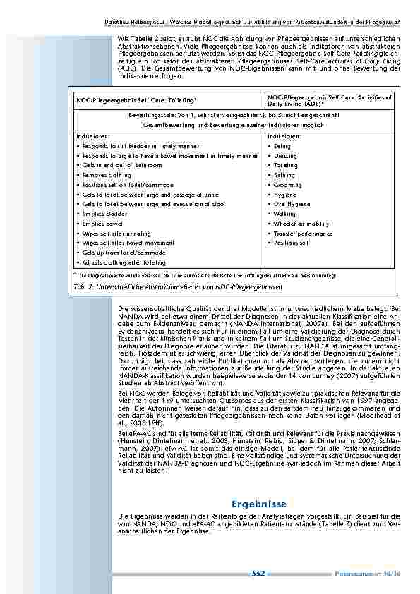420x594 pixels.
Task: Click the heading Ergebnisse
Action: click(x=258, y=504)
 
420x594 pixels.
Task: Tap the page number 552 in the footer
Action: click(x=258, y=574)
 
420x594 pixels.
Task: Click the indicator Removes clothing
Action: click(x=105, y=175)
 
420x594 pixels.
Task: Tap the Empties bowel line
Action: click(x=102, y=223)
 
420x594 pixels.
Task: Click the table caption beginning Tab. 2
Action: click(x=176, y=288)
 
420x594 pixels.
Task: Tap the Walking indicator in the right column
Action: click(x=284, y=214)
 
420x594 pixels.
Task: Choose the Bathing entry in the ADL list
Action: click(x=283, y=175)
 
